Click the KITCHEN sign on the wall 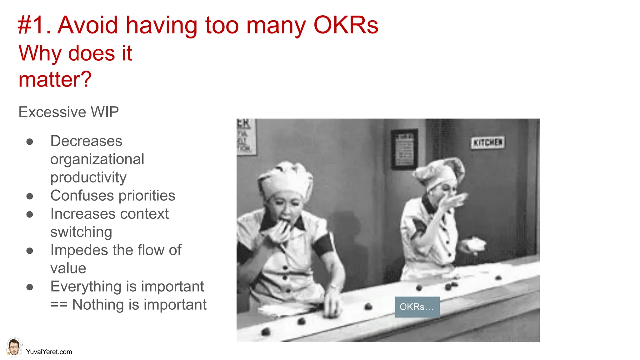coord(487,143)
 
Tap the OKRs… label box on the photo coord(417,307)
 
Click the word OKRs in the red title coord(346,25)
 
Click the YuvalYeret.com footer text coord(49,352)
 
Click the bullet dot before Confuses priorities coord(30,196)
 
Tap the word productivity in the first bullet coord(88,177)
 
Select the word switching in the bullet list coord(81,232)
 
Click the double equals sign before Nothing coord(59,305)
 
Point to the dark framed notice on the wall coord(404,149)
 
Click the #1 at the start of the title coord(33,25)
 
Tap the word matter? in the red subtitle coord(55,79)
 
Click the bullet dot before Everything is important coord(30,287)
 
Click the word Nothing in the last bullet coord(98,305)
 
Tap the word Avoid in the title coord(88,25)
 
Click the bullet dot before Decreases coord(30,142)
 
